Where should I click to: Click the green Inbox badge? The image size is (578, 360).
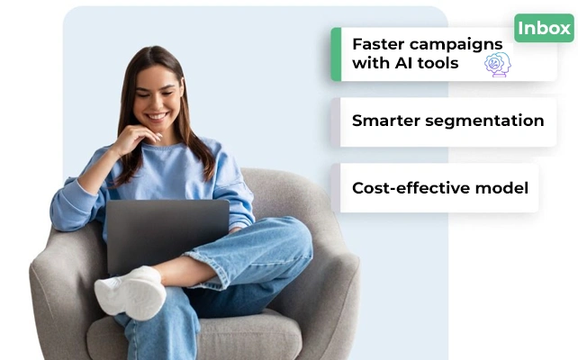click(544, 28)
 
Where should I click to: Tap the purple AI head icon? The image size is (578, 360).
click(497, 64)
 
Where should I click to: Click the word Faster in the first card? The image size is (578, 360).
click(378, 44)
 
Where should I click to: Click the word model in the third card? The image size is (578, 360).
click(503, 188)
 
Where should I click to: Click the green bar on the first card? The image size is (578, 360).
click(336, 54)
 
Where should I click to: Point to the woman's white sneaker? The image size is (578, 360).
click(131, 292)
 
